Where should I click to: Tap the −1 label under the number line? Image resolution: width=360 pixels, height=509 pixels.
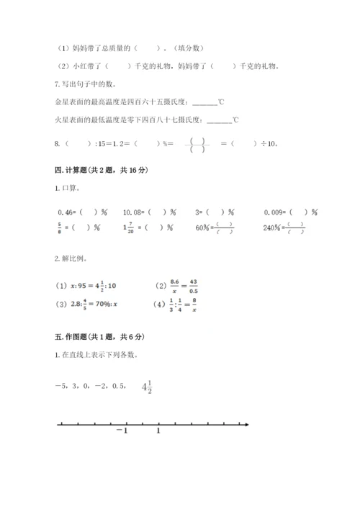[121, 431]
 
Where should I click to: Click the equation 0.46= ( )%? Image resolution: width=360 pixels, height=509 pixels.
[82, 212]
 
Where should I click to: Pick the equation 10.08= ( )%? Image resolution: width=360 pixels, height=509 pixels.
[150, 212]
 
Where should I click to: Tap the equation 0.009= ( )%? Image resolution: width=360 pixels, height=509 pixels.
[292, 212]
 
